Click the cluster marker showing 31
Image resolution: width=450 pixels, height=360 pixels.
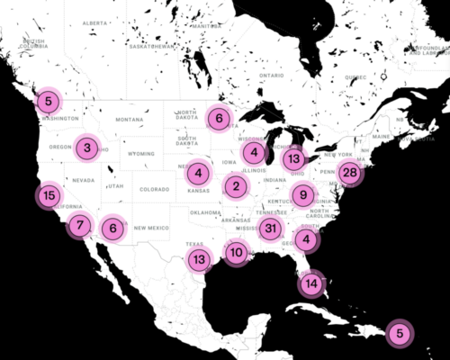click(x=270, y=229)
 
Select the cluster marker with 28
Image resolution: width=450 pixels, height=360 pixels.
click(x=351, y=173)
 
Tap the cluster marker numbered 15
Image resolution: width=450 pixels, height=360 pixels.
click(x=49, y=195)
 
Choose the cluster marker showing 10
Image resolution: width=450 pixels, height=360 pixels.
click(x=236, y=253)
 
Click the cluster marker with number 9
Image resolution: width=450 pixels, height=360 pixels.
click(x=304, y=194)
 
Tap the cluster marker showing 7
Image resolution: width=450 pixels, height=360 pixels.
click(x=81, y=226)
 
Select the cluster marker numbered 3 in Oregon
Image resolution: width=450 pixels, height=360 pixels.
click(x=85, y=148)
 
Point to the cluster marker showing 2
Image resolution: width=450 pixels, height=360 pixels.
click(x=236, y=187)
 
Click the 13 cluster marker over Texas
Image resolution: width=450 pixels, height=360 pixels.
click(x=198, y=261)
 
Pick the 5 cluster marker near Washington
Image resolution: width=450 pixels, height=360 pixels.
click(x=49, y=102)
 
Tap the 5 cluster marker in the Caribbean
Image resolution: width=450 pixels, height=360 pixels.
click(x=400, y=334)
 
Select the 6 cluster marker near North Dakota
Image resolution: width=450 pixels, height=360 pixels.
click(x=218, y=118)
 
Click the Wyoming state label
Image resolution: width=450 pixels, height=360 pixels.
click(x=141, y=154)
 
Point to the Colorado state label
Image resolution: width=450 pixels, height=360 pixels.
click(x=154, y=190)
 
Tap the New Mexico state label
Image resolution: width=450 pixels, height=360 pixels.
click(x=152, y=228)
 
